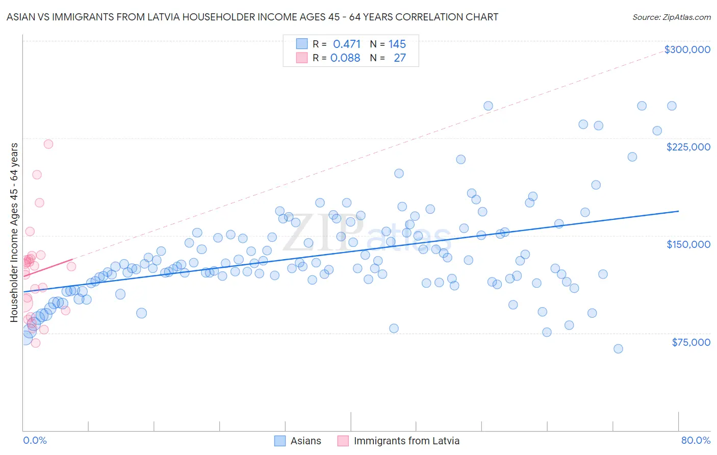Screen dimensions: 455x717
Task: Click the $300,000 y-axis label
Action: click(x=687, y=49)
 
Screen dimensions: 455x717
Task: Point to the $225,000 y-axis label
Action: click(x=688, y=147)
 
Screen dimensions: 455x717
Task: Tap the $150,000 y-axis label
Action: click(x=688, y=244)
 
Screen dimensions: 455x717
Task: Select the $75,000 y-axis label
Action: click(x=690, y=342)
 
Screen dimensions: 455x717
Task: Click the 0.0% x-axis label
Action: click(x=35, y=440)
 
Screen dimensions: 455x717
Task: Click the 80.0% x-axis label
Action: click(x=696, y=440)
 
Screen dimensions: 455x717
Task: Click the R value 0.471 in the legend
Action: click(x=347, y=44)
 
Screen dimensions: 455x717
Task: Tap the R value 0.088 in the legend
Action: click(x=345, y=58)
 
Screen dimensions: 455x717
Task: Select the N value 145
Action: click(x=397, y=44)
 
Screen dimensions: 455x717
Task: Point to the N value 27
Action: click(x=400, y=58)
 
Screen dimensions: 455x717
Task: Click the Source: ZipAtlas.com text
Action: click(x=671, y=17)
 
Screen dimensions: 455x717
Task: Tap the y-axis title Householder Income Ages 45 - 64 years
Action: click(x=14, y=233)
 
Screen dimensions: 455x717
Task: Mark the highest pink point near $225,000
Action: click(x=48, y=144)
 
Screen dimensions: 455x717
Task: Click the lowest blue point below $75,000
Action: click(x=618, y=349)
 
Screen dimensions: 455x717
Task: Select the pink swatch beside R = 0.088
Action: click(x=302, y=58)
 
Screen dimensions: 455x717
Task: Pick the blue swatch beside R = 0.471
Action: click(x=302, y=44)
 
